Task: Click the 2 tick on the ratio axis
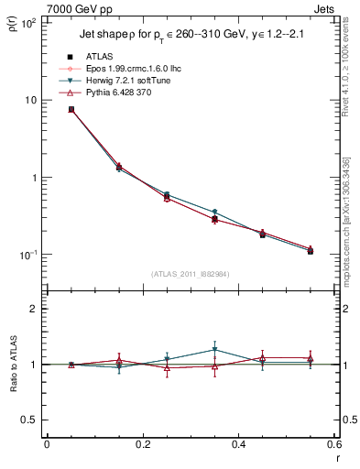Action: [33, 309]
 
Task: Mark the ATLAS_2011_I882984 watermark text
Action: [190, 274]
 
